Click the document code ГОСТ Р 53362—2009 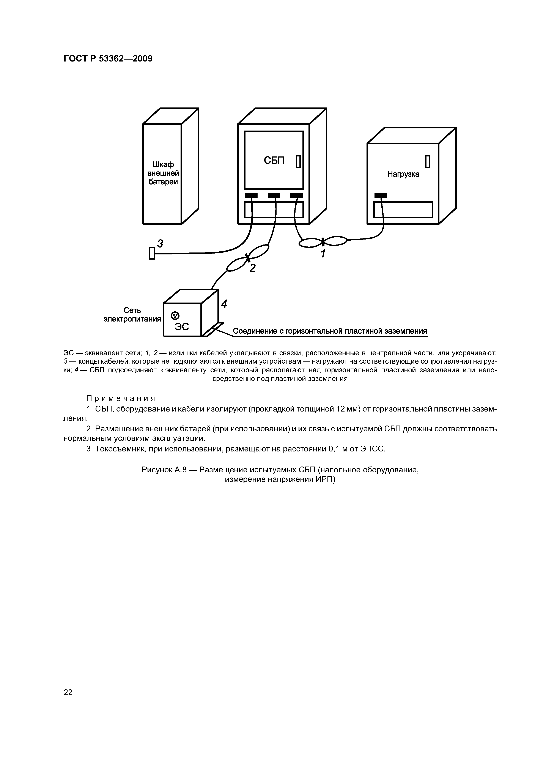[108, 59]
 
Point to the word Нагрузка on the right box [403, 174]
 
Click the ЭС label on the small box [182, 326]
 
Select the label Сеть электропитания [132, 315]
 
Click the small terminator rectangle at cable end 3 [152, 253]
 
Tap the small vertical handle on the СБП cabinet [298, 162]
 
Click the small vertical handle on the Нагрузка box [428, 162]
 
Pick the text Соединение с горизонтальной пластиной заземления [330, 331]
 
